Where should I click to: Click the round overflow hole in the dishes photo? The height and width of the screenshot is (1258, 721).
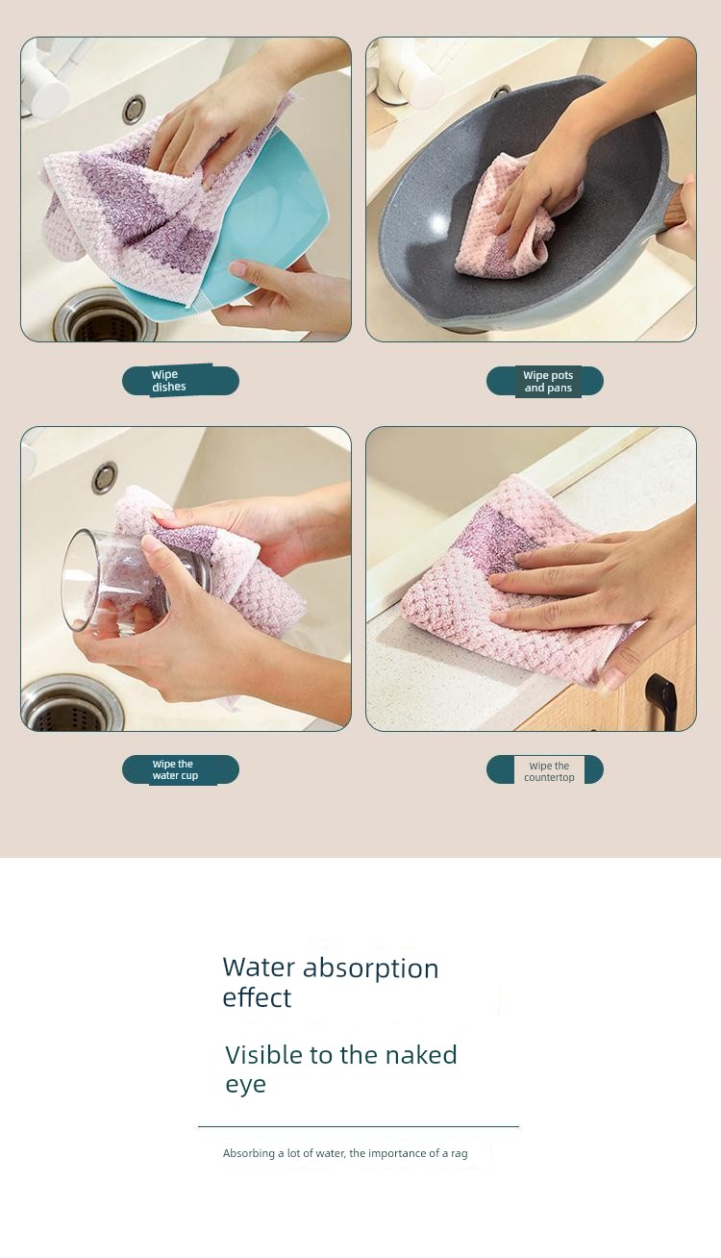pos(135,109)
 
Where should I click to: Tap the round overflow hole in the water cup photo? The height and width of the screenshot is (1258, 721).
pos(105,477)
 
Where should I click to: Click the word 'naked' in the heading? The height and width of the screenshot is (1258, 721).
pos(421,1055)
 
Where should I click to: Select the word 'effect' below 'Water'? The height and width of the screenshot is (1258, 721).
pos(257,998)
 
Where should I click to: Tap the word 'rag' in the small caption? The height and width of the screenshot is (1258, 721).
pos(460,1154)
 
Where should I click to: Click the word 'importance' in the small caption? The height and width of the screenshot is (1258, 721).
pos(398,1153)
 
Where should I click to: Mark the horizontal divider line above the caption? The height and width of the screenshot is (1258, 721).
pos(359,1126)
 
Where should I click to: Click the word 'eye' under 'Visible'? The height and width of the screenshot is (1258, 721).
pos(245,1085)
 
